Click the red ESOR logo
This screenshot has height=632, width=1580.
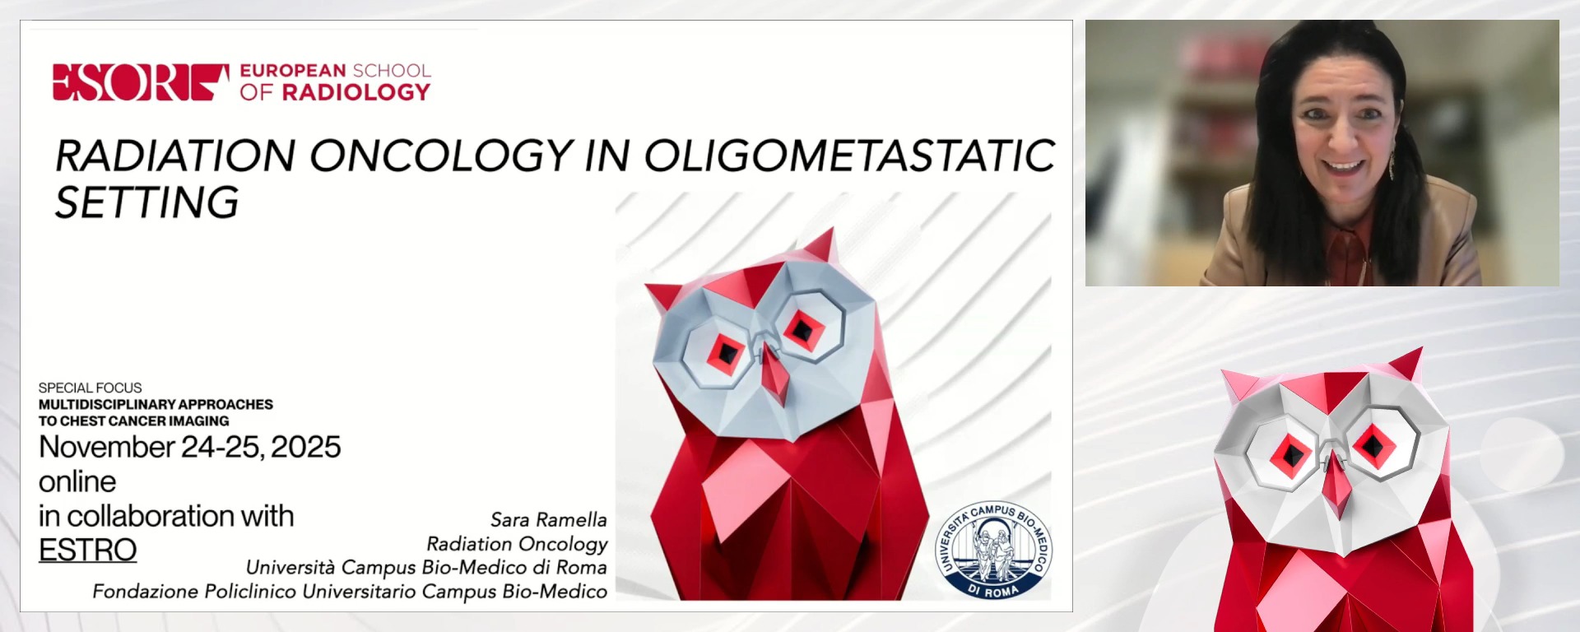click(140, 82)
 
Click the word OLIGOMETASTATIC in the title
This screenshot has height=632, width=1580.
click(848, 156)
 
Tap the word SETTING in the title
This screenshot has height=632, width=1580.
click(146, 202)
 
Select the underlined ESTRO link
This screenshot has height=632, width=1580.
click(87, 550)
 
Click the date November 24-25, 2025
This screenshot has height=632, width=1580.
click(189, 447)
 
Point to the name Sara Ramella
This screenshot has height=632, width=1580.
click(548, 520)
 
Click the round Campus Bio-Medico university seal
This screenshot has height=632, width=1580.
click(993, 550)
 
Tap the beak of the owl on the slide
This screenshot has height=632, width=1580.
click(773, 374)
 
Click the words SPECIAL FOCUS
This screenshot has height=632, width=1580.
click(90, 388)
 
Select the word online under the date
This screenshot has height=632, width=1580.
click(77, 481)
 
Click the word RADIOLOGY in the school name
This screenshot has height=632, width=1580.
click(355, 92)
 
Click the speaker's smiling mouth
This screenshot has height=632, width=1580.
click(1343, 166)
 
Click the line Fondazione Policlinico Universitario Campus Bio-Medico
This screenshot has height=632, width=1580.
click(350, 592)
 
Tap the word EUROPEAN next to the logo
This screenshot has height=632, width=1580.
click(293, 71)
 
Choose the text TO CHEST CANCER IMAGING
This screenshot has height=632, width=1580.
click(133, 421)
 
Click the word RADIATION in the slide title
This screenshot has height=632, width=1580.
click(175, 156)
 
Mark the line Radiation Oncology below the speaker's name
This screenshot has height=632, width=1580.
click(517, 544)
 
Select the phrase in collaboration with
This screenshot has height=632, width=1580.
click(166, 516)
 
